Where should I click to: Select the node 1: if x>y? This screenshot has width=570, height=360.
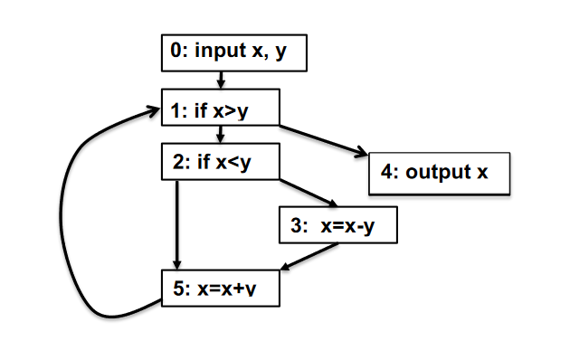click(x=220, y=109)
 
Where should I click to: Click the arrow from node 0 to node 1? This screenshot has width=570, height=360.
click(x=220, y=80)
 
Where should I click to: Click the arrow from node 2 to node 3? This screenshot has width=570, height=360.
click(x=308, y=192)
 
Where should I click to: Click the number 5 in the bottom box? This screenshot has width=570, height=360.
click(x=178, y=289)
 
